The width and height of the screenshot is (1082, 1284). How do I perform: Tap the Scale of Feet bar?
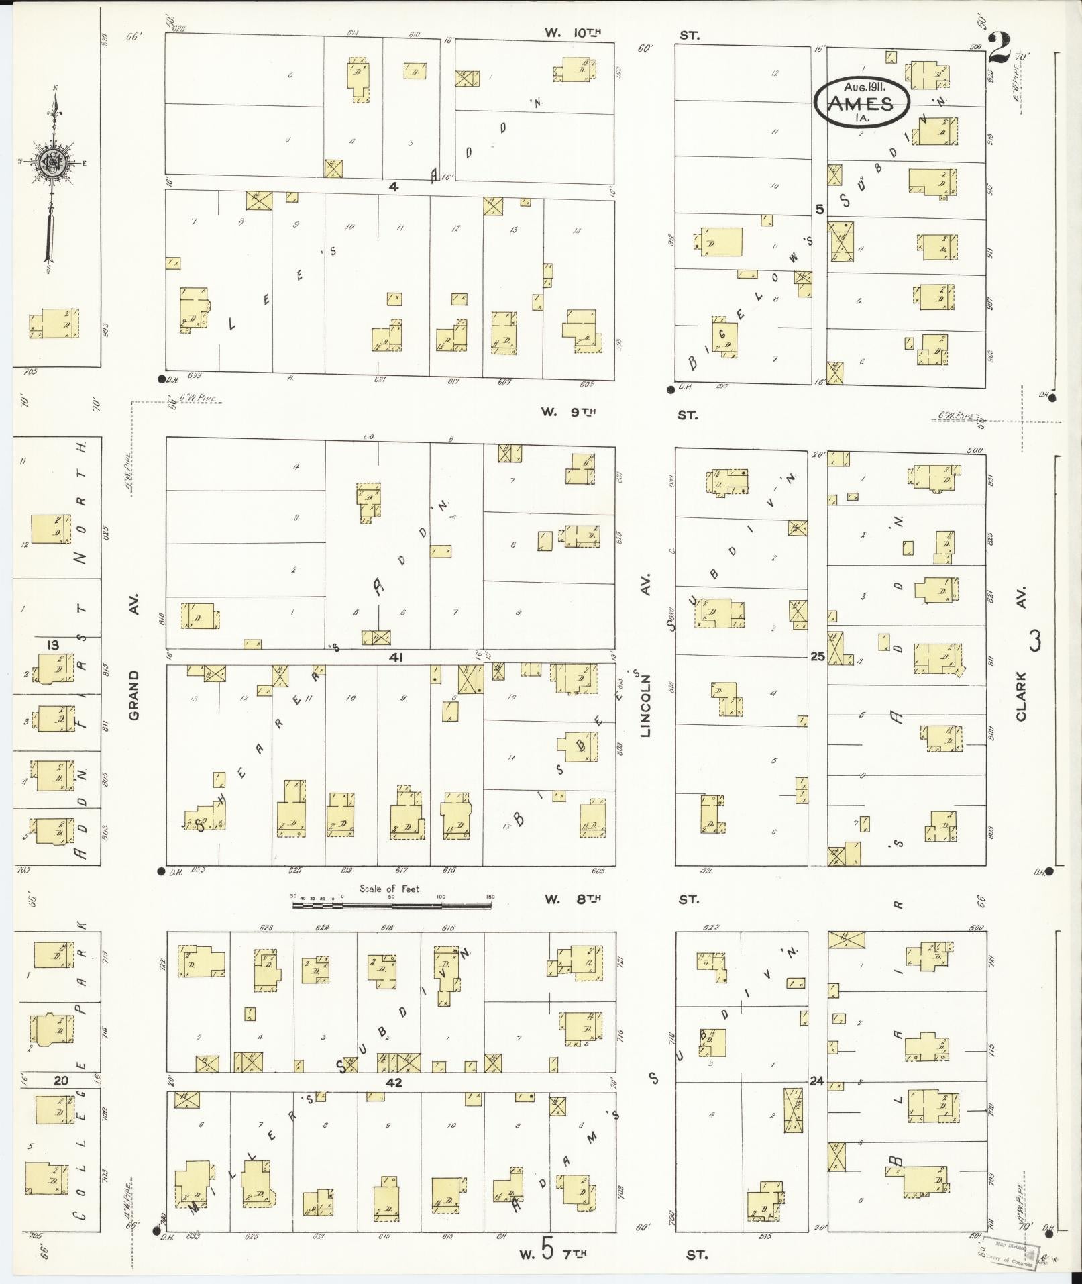point(392,905)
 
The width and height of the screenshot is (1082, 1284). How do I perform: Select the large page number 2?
point(1000,48)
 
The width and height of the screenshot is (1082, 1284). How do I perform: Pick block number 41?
point(396,657)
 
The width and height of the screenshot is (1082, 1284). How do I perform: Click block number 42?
point(394,1082)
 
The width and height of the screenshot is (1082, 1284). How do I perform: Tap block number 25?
point(817,657)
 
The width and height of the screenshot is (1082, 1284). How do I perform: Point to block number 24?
point(816,1081)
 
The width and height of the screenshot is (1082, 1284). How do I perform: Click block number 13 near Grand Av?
point(52,645)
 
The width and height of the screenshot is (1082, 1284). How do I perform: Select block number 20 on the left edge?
point(61,1080)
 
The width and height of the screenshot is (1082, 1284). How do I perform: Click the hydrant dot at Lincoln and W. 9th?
point(671,389)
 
